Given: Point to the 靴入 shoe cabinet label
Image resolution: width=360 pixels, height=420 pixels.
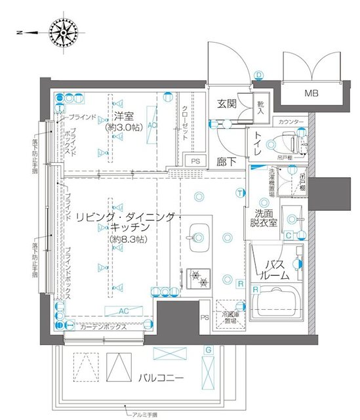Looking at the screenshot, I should (x=260, y=108).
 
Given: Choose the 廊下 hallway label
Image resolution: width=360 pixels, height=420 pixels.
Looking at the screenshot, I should (x=228, y=161).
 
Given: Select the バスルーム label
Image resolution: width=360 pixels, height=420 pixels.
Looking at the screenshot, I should (x=276, y=270).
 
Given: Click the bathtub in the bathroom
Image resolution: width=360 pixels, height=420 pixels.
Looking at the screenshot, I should (x=276, y=304).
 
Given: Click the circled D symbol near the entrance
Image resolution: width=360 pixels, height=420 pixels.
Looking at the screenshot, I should (x=258, y=75).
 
